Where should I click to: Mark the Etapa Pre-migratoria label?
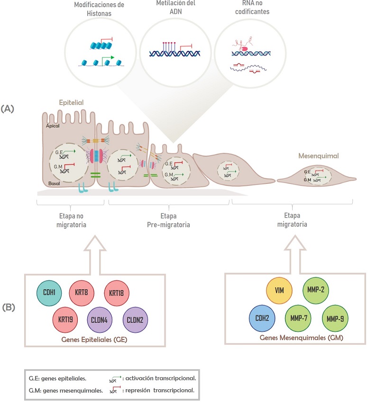point(168,220)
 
